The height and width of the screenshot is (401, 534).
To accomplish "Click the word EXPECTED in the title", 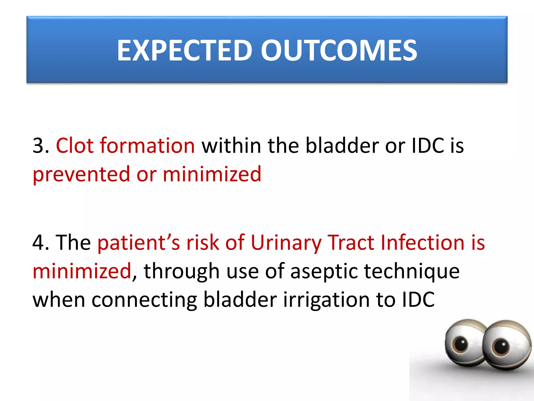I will click(184, 50).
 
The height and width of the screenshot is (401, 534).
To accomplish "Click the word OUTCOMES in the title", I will click(339, 50).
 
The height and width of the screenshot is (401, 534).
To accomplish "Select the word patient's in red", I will click(138, 243).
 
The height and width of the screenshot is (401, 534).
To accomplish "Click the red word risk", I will click(203, 243).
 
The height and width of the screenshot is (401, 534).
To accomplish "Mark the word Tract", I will click(351, 243).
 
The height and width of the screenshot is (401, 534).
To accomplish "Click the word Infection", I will click(422, 243).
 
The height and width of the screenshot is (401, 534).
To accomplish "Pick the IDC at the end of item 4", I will click(418, 300).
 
